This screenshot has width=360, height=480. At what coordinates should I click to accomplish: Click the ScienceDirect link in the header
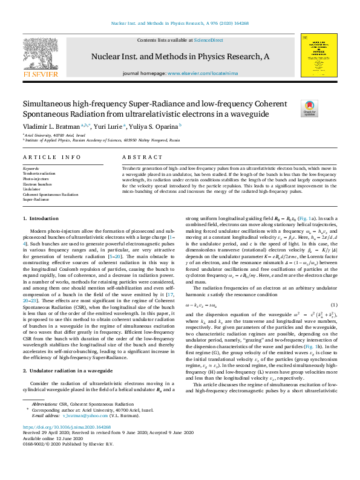(x=209, y=40)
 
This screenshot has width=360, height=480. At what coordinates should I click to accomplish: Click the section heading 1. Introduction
(x=41, y=218)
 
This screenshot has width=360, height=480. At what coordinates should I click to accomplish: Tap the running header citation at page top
(x=180, y=24)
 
